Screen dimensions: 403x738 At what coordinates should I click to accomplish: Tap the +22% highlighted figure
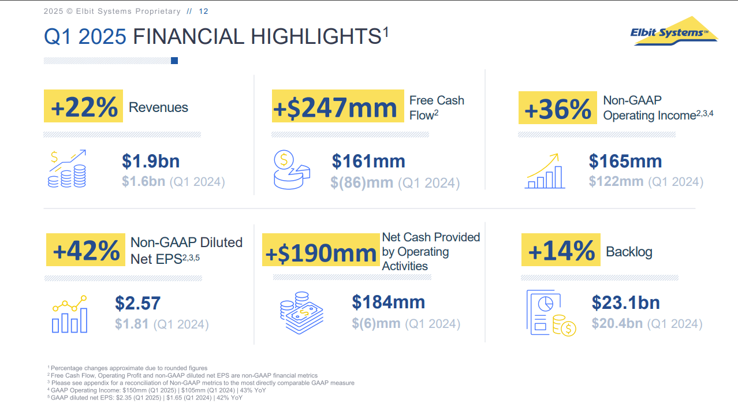(x=84, y=107)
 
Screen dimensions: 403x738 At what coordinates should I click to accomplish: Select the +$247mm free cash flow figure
(x=337, y=107)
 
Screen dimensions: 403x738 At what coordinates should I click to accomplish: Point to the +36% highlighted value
(x=557, y=109)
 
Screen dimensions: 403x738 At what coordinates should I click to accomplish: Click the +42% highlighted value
(x=85, y=250)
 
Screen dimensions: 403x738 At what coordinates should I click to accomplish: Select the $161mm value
(x=368, y=161)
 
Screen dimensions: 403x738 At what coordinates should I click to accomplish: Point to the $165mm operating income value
(x=625, y=161)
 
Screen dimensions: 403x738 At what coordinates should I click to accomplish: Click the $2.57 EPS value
(x=137, y=303)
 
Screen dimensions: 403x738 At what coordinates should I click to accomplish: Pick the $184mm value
(x=388, y=302)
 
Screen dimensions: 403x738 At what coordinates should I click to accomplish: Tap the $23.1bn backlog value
(x=625, y=303)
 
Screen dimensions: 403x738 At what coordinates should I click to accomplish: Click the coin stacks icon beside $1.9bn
(x=67, y=169)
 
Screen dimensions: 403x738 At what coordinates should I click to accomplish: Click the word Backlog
(x=629, y=252)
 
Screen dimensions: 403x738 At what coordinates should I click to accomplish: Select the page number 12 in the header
(x=203, y=12)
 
